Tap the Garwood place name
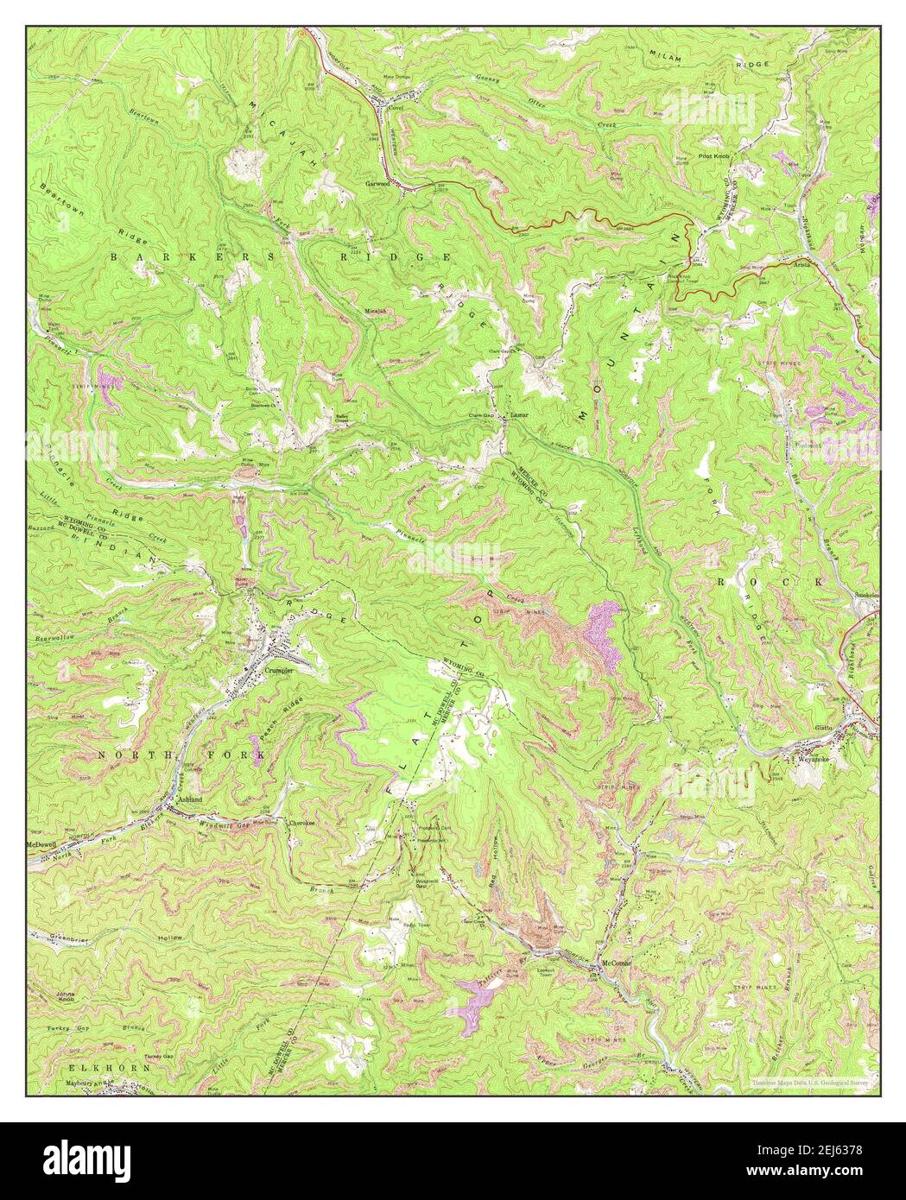click(378, 184)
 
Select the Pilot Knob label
click(716, 158)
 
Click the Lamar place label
click(518, 414)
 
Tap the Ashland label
click(189, 800)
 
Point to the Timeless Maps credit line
click(808, 1081)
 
